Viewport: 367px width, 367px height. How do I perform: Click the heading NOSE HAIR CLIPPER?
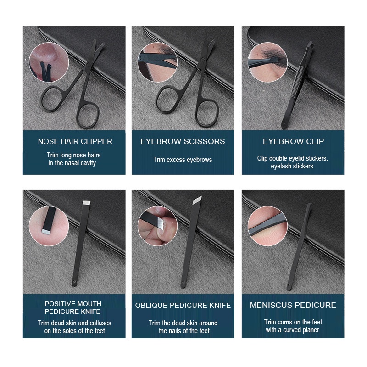coord(75,141)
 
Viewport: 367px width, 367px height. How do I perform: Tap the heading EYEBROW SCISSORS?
coord(183,141)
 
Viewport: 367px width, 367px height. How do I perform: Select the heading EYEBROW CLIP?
coord(293,141)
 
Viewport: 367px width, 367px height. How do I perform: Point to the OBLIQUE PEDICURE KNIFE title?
coord(183,305)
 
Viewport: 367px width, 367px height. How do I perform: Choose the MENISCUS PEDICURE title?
coord(293,305)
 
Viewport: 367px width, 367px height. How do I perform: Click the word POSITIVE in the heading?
coord(59,304)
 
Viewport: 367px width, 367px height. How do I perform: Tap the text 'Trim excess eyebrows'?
coord(183,160)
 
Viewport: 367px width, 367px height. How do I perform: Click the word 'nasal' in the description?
coord(72,163)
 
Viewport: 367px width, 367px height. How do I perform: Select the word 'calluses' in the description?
coord(100,323)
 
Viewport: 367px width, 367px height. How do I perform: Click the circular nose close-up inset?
coord(49,62)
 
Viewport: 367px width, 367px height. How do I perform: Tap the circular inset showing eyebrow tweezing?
coord(267,62)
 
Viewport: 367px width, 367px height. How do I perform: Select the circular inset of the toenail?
coord(157,226)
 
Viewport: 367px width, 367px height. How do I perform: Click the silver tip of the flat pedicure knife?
coord(87,203)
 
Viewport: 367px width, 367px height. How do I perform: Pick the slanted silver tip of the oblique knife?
coord(197,200)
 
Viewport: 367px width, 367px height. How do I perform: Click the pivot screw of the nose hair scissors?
coord(89,64)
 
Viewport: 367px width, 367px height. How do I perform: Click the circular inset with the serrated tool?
coord(267,226)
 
